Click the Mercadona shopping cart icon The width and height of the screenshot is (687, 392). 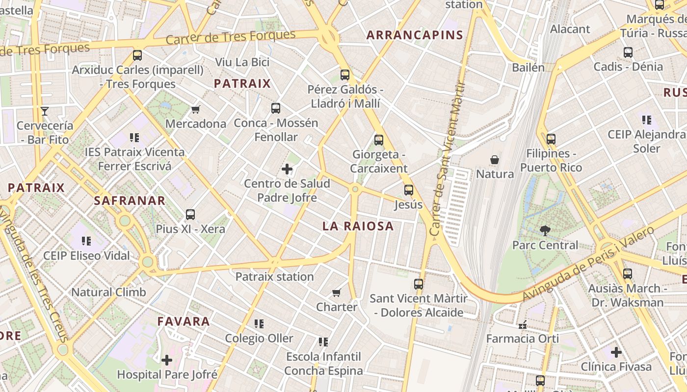[195, 109]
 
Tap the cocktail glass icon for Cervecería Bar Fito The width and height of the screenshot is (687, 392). [45, 111]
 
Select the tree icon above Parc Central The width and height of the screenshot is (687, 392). [545, 231]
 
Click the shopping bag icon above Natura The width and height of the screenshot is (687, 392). [495, 160]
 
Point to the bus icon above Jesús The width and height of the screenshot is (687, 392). [408, 190]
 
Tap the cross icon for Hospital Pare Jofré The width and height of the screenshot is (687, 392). [167, 361]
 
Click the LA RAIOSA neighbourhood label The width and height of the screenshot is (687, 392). [358, 226]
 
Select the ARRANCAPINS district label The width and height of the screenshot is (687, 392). [415, 35]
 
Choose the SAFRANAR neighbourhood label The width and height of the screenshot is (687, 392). [130, 200]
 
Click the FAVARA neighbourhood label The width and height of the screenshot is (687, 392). [184, 321]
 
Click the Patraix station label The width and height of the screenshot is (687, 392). [274, 277]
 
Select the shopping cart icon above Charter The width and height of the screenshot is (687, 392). [336, 293]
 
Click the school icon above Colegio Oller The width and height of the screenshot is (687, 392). [259, 324]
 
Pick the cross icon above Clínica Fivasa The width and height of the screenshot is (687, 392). [616, 352]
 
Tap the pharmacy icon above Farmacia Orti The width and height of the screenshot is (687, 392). [522, 324]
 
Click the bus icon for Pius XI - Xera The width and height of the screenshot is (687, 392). [190, 215]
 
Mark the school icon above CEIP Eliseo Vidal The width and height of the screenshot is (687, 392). [86, 241]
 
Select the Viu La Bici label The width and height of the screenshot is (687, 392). [242, 62]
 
